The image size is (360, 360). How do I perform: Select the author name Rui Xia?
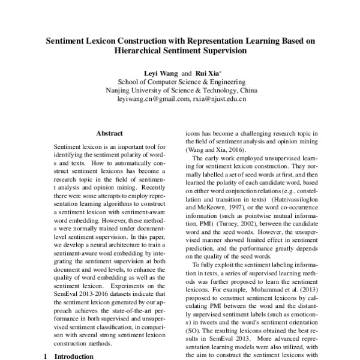tap(204, 73)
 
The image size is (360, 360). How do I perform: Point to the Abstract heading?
tap(109, 133)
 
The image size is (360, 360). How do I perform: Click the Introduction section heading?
tap(74, 356)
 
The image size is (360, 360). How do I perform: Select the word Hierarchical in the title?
tap(140, 52)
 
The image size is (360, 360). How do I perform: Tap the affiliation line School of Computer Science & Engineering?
tap(181, 82)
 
